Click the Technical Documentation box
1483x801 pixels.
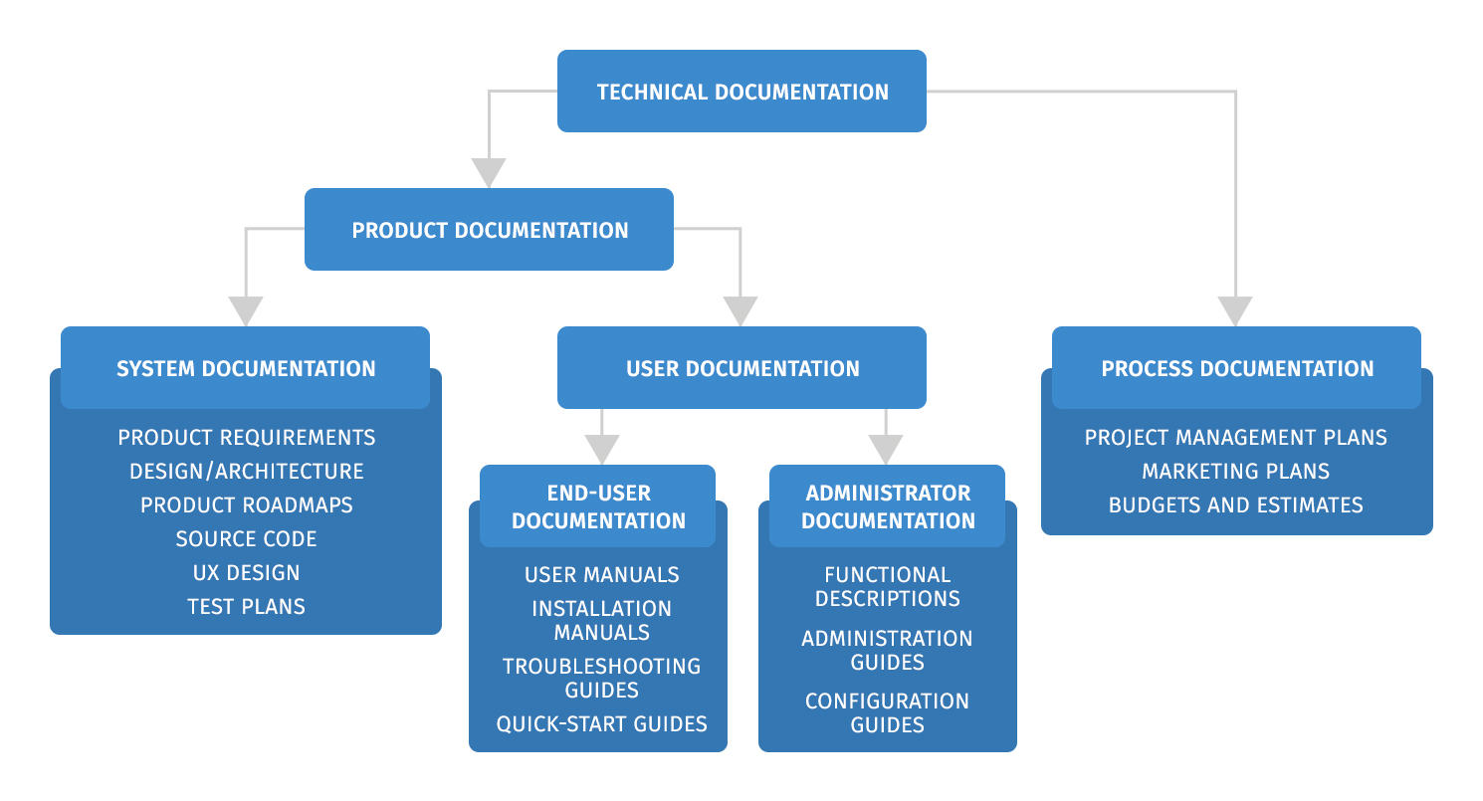pyautogui.click(x=741, y=92)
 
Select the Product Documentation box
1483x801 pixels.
pyautogui.click(x=489, y=230)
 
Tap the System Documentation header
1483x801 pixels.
pyautogui.click(x=246, y=368)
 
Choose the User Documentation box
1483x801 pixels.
pyautogui.click(x=741, y=368)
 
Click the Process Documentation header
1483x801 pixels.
pyautogui.click(x=1236, y=368)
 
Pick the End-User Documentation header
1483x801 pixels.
pyautogui.click(x=598, y=506)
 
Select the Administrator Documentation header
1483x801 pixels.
pyautogui.click(x=888, y=506)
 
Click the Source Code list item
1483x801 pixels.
pyautogui.click(x=246, y=539)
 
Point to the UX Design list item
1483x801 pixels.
pyautogui.click(x=246, y=573)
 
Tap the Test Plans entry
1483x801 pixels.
pyautogui.click(x=246, y=607)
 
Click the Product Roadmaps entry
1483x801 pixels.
pyautogui.click(x=246, y=505)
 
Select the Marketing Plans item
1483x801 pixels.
pyautogui.click(x=1235, y=472)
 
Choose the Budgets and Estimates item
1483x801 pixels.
pyautogui.click(x=1235, y=505)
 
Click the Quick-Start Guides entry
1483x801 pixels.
pyautogui.click(x=601, y=724)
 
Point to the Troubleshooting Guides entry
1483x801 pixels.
pyautogui.click(x=601, y=678)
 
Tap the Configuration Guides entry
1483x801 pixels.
pyautogui.click(x=887, y=712)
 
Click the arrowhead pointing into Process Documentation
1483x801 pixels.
pyautogui.click(x=1235, y=311)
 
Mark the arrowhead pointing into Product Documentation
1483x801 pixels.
pyautogui.click(x=489, y=173)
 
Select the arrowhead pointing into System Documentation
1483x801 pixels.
pyautogui.click(x=246, y=311)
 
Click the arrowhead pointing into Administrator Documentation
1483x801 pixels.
pyautogui.click(x=886, y=450)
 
